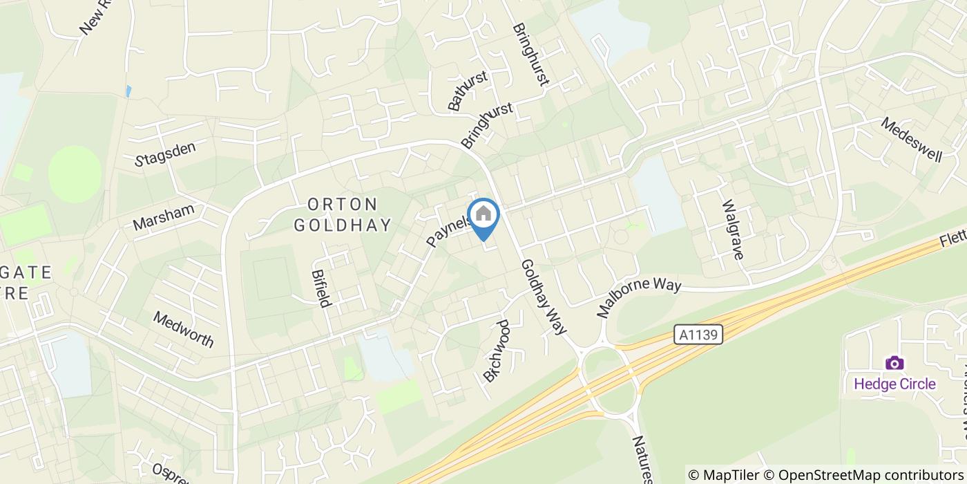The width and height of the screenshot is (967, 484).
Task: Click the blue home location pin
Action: coord(483,216)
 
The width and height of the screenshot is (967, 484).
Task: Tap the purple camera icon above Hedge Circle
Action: coord(894,363)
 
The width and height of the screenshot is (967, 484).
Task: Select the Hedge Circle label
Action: coord(894,384)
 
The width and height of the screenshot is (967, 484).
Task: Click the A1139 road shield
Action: coord(698,335)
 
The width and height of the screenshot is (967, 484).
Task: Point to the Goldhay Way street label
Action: coord(544,297)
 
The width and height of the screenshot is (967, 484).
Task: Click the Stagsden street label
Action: coord(166,153)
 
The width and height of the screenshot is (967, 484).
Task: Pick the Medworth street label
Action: coord(184,329)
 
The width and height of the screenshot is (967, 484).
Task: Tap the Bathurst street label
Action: coord(468,91)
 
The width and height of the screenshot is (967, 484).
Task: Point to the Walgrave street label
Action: coord(732,230)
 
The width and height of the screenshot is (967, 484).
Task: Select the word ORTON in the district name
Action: coord(343,205)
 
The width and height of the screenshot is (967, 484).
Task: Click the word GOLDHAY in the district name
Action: coord(343,225)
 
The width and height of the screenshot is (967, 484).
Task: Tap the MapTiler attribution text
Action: coord(725,475)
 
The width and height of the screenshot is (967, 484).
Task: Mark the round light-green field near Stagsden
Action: coord(75,174)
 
